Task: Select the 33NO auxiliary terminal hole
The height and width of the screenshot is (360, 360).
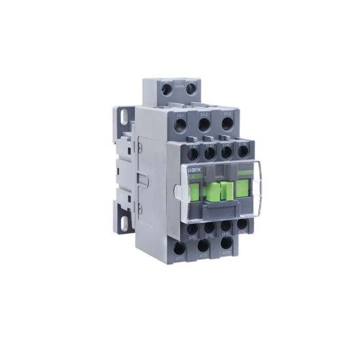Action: [226, 153]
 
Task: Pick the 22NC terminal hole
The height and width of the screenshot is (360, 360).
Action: [209, 229]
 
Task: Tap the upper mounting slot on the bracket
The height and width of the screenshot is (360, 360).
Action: [122, 118]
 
